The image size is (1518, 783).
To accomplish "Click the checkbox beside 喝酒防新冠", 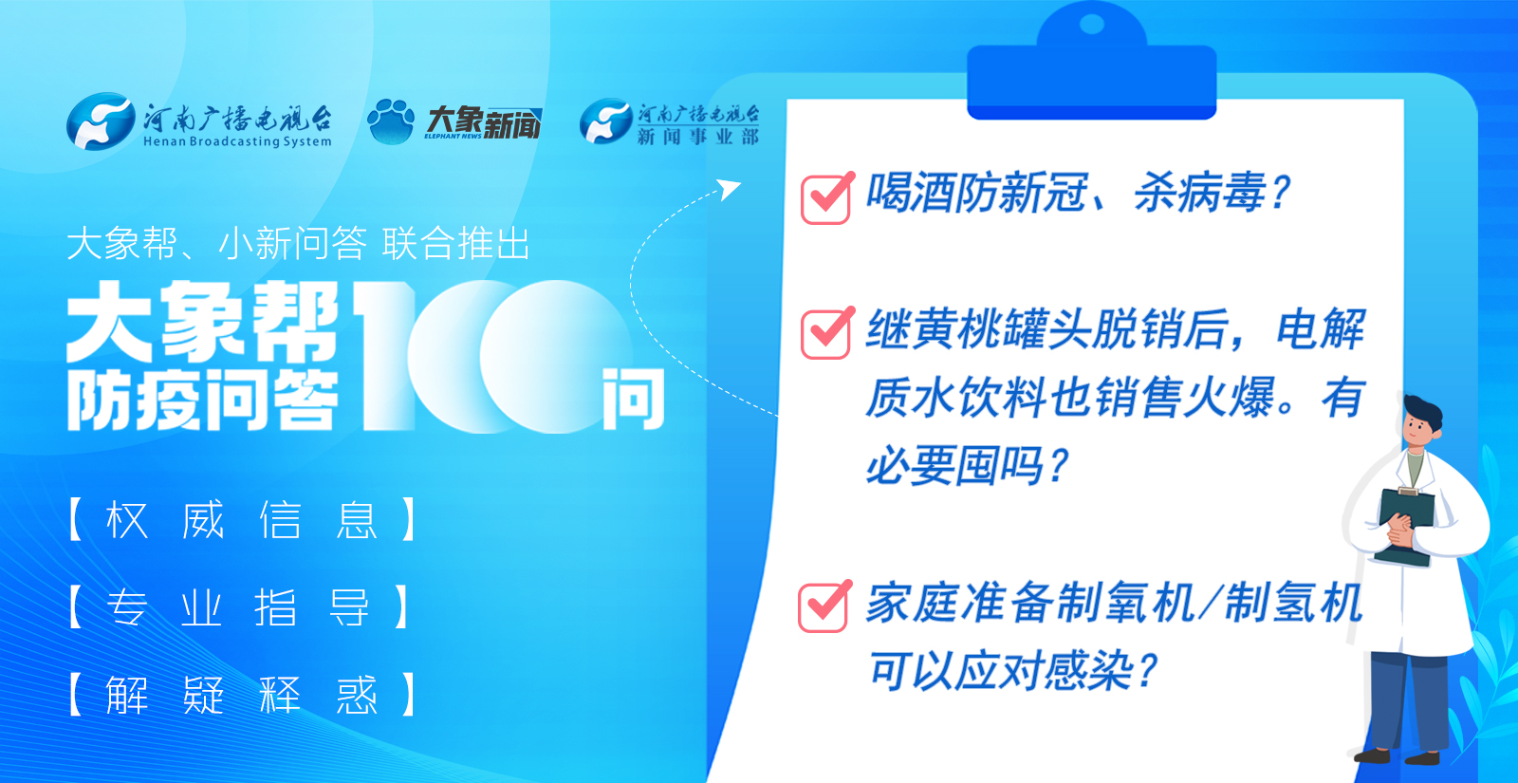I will click(x=826, y=198).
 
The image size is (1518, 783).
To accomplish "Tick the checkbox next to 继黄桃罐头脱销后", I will click(x=826, y=333).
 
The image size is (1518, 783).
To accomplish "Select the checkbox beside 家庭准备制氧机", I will click(x=824, y=606).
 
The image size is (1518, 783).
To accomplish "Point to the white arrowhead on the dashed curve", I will click(x=730, y=188).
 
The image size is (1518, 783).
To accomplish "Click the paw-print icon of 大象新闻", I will click(x=391, y=121).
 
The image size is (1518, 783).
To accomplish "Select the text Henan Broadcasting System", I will click(x=237, y=142).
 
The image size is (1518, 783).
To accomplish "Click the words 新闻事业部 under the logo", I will click(x=698, y=137).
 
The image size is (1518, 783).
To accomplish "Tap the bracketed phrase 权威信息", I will click(x=242, y=520).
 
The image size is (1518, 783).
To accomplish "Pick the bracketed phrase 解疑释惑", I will click(x=242, y=695).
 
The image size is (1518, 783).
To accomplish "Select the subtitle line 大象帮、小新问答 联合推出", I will click(x=298, y=244).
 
